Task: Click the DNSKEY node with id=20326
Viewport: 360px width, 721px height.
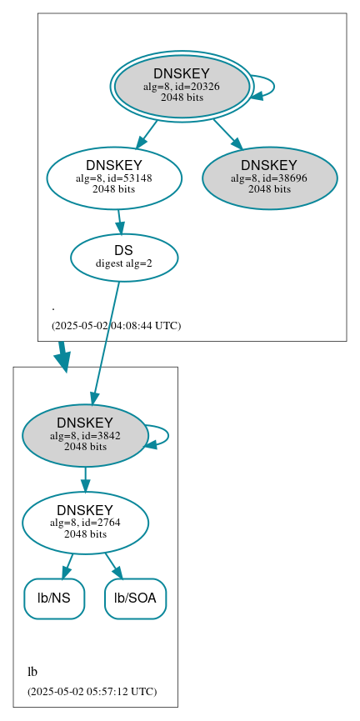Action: (182, 86)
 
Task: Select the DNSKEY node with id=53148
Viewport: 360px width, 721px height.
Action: (114, 178)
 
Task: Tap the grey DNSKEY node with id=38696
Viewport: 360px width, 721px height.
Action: (269, 178)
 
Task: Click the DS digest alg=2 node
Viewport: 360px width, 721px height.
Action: (124, 257)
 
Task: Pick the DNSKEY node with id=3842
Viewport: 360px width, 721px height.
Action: (85, 435)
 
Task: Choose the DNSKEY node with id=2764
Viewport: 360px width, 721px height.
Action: (85, 523)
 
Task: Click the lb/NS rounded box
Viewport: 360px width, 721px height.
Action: (54, 598)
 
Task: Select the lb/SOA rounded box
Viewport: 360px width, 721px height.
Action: (136, 598)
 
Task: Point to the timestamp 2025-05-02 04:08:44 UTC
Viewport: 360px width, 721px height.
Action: (116, 325)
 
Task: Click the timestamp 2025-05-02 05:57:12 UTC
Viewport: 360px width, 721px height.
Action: (92, 692)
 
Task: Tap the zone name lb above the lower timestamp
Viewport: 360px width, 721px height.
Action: (32, 672)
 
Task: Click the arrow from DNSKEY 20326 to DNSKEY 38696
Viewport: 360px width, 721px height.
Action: (227, 133)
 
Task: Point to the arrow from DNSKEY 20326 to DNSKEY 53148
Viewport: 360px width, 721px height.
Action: (147, 133)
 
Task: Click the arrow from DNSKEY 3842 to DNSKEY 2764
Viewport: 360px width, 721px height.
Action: (85, 479)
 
